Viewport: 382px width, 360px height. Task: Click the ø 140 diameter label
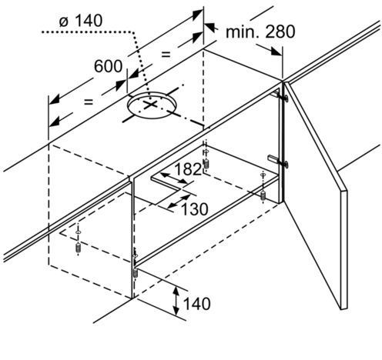[x=81, y=21]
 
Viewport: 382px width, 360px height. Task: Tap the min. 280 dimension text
[x=260, y=32]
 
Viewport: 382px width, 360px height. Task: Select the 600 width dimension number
[x=108, y=66]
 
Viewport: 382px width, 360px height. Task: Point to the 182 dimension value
[x=188, y=169]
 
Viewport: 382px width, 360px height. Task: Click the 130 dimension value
[x=195, y=209]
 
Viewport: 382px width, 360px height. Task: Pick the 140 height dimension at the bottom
[x=197, y=304]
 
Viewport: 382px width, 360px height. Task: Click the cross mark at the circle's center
[x=150, y=105]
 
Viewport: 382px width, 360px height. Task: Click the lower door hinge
[x=279, y=160]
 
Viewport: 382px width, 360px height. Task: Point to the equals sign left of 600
[x=89, y=102]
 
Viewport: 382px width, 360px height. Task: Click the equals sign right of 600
[x=166, y=54]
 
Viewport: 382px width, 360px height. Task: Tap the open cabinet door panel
[x=316, y=195]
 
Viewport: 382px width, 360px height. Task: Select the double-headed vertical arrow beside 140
[x=176, y=301]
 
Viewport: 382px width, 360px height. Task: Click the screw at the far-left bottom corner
[x=78, y=248]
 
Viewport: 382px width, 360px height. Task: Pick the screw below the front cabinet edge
[x=136, y=272]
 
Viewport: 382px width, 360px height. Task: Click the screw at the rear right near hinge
[x=263, y=195]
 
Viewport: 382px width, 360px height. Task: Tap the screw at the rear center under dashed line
[x=206, y=163]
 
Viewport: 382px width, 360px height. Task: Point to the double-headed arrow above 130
[x=179, y=201]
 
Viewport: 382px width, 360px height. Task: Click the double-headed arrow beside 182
[x=174, y=178]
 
